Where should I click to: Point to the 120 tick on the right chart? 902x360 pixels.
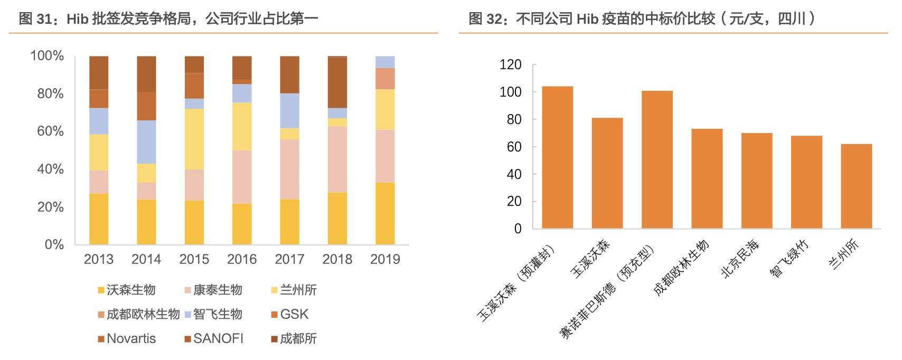[510, 65]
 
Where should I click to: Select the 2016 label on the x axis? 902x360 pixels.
[242, 259]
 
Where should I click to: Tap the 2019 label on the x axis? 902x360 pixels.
[385, 259]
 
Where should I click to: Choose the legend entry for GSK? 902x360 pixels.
[294, 314]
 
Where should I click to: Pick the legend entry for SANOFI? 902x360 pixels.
[218, 338]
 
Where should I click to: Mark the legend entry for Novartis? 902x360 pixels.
[131, 338]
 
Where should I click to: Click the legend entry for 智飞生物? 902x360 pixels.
[217, 314]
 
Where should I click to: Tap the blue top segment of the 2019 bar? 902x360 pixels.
[385, 62]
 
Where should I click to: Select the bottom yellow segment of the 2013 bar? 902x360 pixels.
[99, 219]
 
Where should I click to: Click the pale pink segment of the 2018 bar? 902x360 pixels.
[337, 159]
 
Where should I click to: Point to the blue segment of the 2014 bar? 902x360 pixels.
[146, 142]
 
